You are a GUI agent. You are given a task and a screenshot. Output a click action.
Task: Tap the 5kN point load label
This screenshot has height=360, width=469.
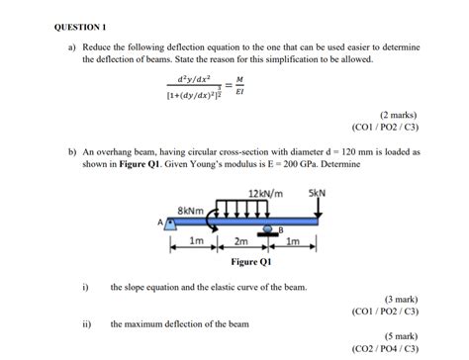[317, 192]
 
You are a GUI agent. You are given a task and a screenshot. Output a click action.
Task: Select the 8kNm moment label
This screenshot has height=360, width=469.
[191, 209]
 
